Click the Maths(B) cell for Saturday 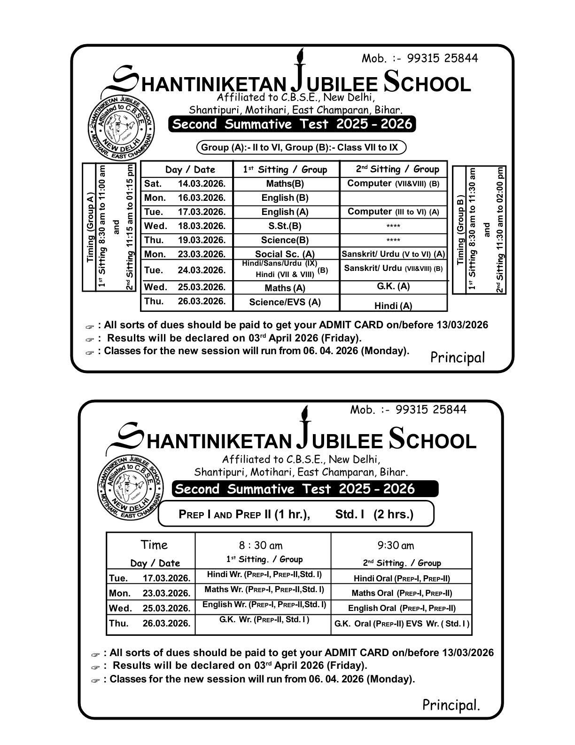click(x=285, y=184)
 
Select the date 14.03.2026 click(x=202, y=184)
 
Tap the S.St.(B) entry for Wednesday click(x=285, y=226)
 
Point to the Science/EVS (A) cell click(x=285, y=302)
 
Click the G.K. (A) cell click(x=393, y=286)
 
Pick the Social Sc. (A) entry click(x=285, y=254)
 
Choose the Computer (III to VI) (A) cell click(x=393, y=212)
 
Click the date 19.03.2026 click(x=202, y=240)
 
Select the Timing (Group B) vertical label click(x=460, y=230)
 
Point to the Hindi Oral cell click(x=402, y=579)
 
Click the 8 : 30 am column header click(x=261, y=546)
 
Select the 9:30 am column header click(x=396, y=546)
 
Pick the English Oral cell click(x=402, y=608)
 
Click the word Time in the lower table click(x=154, y=545)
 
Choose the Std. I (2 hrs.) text click(x=374, y=515)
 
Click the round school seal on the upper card click(x=121, y=127)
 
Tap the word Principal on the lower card click(x=451, y=705)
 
